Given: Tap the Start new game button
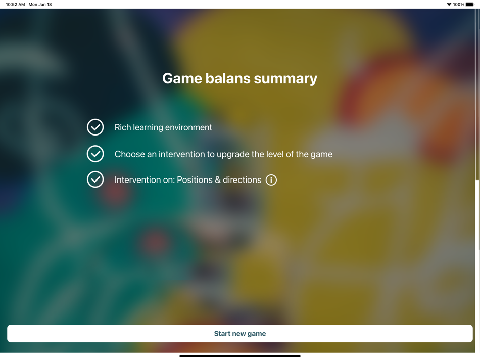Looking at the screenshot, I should click(240, 334).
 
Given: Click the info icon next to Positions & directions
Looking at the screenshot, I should click(271, 180).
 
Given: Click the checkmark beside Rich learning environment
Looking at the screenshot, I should click(95, 127).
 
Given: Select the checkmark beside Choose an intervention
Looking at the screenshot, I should click(95, 154).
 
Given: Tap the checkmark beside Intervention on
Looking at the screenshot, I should click(95, 179).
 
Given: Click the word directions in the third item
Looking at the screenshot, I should click(242, 180).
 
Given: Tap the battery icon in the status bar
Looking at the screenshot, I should click(470, 4).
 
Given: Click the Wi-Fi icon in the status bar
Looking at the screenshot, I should click(449, 4).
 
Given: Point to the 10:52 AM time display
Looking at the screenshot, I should click(15, 4).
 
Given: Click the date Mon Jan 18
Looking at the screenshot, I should click(40, 4).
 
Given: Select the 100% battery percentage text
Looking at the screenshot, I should click(458, 4).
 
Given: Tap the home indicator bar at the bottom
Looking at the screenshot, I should click(240, 356).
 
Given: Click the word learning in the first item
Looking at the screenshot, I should click(148, 127).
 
